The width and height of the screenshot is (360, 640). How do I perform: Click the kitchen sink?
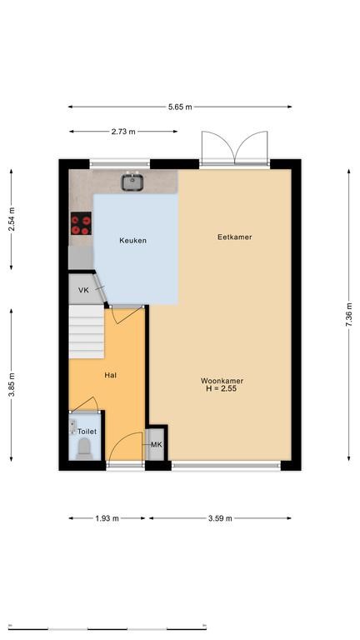[x=132, y=182]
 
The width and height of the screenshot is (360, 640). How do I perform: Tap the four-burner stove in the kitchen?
[x=81, y=223]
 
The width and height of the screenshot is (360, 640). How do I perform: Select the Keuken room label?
[x=132, y=240]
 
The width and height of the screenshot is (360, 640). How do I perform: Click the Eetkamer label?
[x=235, y=237]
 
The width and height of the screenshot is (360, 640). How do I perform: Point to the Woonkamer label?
[x=222, y=381]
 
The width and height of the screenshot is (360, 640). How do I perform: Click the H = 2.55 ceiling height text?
[x=222, y=389]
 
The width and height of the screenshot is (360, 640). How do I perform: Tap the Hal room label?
[x=111, y=375]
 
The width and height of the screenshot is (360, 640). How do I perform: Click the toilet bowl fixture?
[x=85, y=448]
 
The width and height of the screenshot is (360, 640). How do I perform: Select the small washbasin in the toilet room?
[x=72, y=426]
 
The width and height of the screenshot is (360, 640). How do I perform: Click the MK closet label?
[x=157, y=444]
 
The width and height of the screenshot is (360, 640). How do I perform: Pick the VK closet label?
[x=83, y=290]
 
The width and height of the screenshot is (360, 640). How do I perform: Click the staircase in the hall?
[x=86, y=332]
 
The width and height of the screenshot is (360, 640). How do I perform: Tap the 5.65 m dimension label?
[x=180, y=107]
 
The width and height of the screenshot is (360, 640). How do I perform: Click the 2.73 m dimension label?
[x=123, y=132]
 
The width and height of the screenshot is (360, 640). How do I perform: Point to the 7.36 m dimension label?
[x=348, y=315]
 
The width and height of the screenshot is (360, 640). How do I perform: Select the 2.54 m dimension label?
[x=12, y=220]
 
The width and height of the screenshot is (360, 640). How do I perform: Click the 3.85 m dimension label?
[x=12, y=385]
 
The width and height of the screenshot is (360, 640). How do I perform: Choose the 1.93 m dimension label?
[x=107, y=518]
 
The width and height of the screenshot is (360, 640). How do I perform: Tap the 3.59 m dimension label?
[x=220, y=518]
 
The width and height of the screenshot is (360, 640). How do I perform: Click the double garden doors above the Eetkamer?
[x=235, y=148]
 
